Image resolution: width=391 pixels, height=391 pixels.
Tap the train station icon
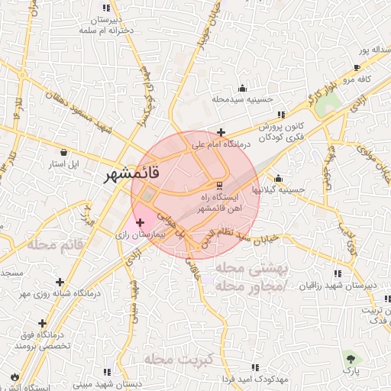coord(219,186)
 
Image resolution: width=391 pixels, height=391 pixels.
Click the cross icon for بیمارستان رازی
coord(139,222)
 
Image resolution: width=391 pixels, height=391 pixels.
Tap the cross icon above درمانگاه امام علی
coord(221,131)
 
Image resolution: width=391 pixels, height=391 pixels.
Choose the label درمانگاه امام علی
coord(217,143)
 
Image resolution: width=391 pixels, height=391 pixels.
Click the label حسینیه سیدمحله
coord(242,99)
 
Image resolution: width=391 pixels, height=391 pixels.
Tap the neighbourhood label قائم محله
coord(53,244)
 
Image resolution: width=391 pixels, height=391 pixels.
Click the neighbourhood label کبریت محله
coord(176,358)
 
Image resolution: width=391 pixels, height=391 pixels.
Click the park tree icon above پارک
coord(351,357)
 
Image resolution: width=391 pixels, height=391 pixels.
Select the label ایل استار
coord(75,164)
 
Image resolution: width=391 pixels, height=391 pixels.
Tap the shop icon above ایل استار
coord(73,152)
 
